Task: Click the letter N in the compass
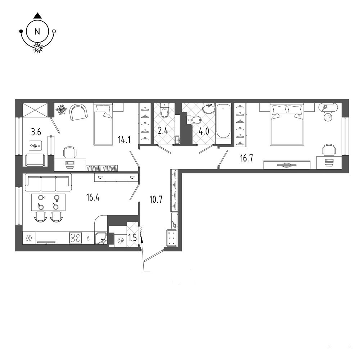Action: pyautogui.click(x=37, y=31)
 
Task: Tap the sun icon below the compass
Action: pyautogui.click(x=37, y=48)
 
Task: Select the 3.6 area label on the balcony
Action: pyautogui.click(x=36, y=132)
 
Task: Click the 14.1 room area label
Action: pyautogui.click(x=124, y=139)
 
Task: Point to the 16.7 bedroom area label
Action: pyautogui.click(x=246, y=158)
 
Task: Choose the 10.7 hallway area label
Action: pyautogui.click(x=156, y=199)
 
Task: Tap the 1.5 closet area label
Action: pyautogui.click(x=132, y=238)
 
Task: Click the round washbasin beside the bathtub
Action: pyautogui.click(x=208, y=108)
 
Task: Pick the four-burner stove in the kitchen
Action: pyautogui.click(x=76, y=238)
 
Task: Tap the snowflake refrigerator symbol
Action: pyautogui.click(x=29, y=238)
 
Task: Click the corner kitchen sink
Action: pyautogui.click(x=101, y=238)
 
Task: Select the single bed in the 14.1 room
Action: pyautogui.click(x=103, y=124)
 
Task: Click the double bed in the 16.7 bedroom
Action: pyautogui.click(x=287, y=124)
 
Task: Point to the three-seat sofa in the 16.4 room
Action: pyautogui.click(x=48, y=182)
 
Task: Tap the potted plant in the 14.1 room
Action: pyautogui.click(x=61, y=109)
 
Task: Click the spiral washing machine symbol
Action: pyautogui.click(x=121, y=240)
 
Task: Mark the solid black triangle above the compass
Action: pyautogui.click(x=37, y=15)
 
